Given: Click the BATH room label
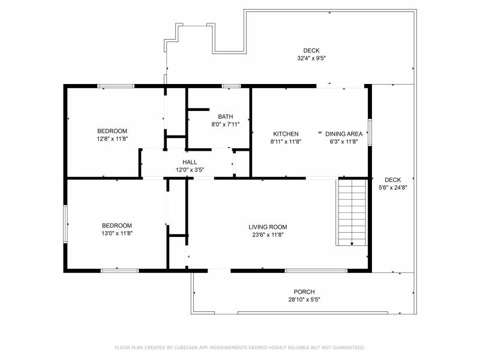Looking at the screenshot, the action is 226,116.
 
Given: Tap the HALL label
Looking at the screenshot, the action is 190,162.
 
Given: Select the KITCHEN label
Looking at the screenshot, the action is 286,134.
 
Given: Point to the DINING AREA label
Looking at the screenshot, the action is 344,134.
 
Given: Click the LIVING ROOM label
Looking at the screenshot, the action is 268,227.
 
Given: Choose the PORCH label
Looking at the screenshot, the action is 304,292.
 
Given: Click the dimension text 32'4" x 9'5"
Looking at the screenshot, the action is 311,58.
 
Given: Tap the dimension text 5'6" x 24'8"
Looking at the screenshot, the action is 393,188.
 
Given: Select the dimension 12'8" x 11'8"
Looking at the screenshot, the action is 112,139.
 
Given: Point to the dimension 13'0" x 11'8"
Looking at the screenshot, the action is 117,233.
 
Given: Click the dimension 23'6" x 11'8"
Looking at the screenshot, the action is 268,235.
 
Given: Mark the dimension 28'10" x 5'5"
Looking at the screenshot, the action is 304,299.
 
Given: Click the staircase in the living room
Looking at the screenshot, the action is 352,212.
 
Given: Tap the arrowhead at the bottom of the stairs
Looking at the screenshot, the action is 352,244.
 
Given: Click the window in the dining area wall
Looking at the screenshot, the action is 370,132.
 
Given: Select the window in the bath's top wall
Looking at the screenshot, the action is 231,86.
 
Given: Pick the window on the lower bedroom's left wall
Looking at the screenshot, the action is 65,224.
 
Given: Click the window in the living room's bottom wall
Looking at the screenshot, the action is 316,271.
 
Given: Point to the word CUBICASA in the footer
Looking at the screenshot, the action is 186,347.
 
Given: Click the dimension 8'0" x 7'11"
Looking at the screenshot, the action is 226,124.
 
